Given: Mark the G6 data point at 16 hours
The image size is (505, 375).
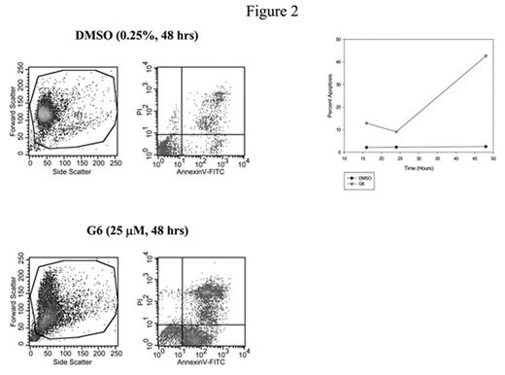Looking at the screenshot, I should (366, 123).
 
